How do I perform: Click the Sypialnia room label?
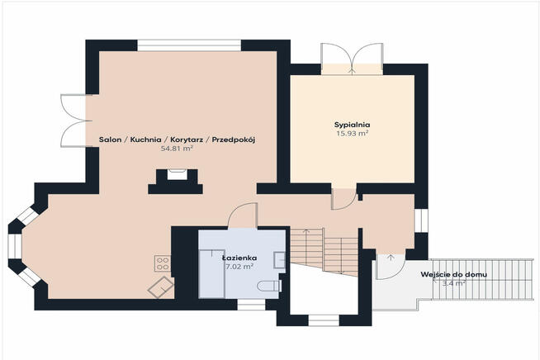pyautogui.click(x=353, y=125)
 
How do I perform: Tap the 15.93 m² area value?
pyautogui.click(x=353, y=133)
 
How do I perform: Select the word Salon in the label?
pyautogui.click(x=110, y=140)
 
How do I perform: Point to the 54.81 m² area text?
pyautogui.click(x=177, y=149)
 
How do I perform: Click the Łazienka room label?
pyautogui.click(x=239, y=258)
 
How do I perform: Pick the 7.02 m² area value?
pyautogui.click(x=239, y=267)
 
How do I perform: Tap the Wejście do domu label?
pyautogui.click(x=454, y=275)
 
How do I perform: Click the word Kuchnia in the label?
pyautogui.click(x=145, y=140)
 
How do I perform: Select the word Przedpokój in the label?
pyautogui.click(x=234, y=140)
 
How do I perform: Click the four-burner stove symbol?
pyautogui.click(x=163, y=263)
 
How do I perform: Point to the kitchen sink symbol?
pyautogui.click(x=161, y=287)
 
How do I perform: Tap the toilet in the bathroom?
pyautogui.click(x=270, y=286)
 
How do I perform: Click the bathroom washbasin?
pyautogui.click(x=279, y=260)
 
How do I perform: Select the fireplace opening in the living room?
pyautogui.click(x=178, y=174)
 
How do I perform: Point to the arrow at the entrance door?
pyautogui.click(x=391, y=258)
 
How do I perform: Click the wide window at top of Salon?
pyautogui.click(x=189, y=45)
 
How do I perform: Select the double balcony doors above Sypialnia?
pyautogui.click(x=352, y=59)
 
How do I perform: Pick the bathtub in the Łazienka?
pyautogui.click(x=212, y=274)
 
